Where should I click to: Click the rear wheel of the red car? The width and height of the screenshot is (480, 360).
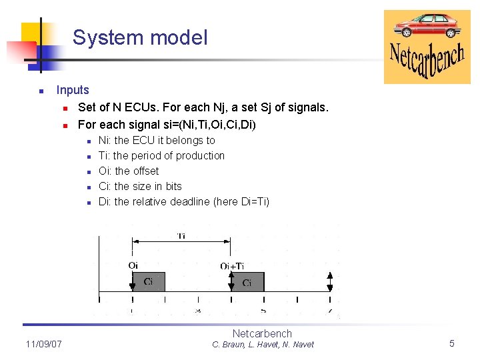point(451,32)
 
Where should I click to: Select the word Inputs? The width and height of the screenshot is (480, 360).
point(73,90)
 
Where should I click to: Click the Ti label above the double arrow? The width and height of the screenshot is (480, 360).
point(181,236)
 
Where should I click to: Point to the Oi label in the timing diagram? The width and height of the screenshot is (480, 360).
point(133,265)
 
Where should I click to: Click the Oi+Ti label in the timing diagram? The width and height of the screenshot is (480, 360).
point(232,265)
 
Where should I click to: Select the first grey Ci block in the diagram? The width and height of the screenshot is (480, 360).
point(148,281)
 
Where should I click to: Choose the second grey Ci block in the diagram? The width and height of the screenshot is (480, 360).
point(247,282)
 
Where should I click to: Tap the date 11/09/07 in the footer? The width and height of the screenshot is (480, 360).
point(44,344)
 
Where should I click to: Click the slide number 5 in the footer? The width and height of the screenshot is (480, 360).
point(452,343)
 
